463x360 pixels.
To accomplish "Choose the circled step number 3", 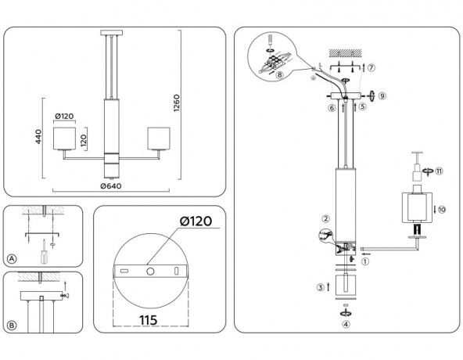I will pyautogui.click(x=320, y=287).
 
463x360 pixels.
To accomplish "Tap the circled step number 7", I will pyautogui.click(x=371, y=68).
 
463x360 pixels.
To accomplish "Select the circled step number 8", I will pyautogui.click(x=280, y=75).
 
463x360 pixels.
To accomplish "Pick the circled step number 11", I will pyautogui.click(x=440, y=171).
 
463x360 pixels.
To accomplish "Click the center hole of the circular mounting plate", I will pyautogui.click(x=149, y=271).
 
